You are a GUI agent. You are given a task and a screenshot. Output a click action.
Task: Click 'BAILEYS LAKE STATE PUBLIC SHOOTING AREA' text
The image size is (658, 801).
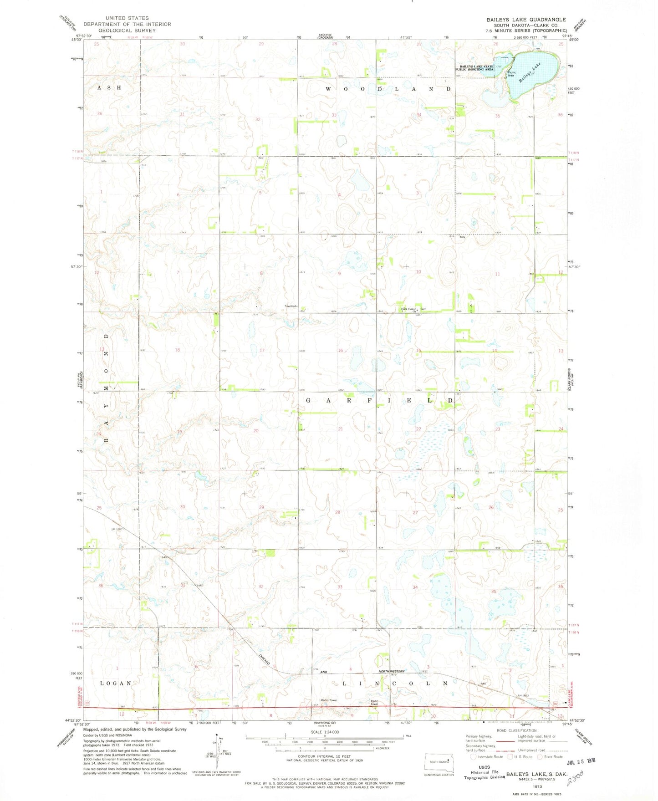click(x=476, y=68)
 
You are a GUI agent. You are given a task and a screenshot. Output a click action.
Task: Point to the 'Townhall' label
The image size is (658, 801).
click(x=291, y=306)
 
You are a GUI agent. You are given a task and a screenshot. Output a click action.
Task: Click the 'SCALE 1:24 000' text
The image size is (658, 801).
click(x=324, y=732)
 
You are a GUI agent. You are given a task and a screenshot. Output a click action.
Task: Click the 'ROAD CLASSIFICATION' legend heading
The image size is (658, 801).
click(x=516, y=730)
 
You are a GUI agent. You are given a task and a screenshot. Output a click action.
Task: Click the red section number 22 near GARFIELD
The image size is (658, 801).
click(x=418, y=429)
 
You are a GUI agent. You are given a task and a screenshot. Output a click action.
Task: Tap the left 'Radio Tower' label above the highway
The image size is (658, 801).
click(x=328, y=700)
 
